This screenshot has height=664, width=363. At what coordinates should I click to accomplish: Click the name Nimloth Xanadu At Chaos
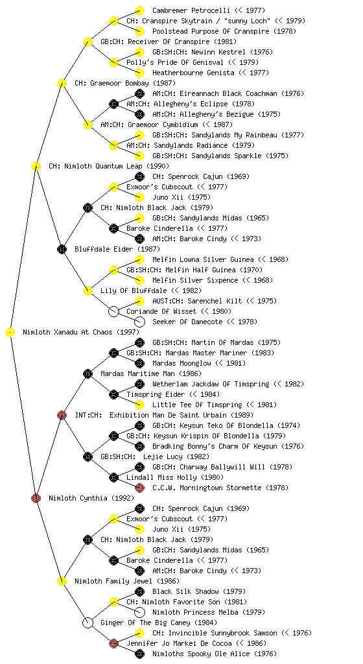67,333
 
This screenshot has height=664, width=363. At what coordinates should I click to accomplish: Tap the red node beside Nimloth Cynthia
36,498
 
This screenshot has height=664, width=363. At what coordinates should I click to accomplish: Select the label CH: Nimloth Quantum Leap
95,167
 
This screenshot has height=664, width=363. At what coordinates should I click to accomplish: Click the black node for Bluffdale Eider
62,249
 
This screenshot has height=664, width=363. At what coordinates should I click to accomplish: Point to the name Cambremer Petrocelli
191,10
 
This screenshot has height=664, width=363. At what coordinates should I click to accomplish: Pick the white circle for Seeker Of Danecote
139,322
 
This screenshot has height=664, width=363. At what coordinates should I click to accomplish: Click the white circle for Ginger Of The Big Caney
88,622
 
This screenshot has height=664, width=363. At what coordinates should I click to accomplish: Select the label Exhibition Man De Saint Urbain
167,416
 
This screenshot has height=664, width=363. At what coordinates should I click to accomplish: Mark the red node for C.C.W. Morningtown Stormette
139,488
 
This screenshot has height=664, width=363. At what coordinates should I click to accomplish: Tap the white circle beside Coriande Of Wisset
113,312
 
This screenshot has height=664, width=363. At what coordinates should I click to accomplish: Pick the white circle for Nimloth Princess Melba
139,612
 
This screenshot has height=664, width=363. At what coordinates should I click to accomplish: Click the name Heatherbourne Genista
193,73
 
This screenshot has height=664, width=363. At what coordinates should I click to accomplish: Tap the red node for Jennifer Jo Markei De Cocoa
113,644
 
